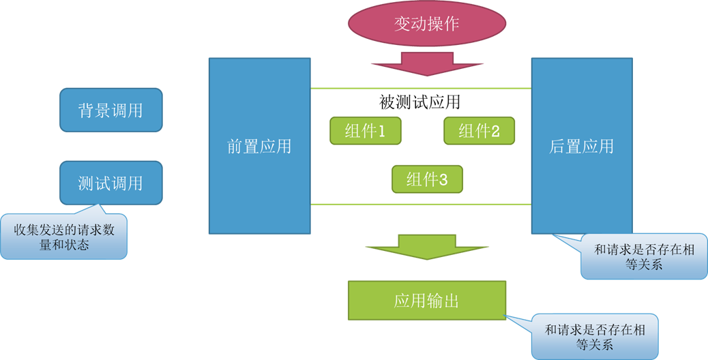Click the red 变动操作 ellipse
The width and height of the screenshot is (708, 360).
[427, 24]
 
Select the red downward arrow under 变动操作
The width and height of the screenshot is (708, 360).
[427, 63]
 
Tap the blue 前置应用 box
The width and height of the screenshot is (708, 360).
[259, 146]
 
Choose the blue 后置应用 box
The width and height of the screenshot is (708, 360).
[582, 146]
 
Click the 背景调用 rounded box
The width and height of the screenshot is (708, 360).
[111, 110]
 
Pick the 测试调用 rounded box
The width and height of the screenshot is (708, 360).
[111, 183]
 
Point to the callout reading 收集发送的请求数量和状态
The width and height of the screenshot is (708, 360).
[64, 237]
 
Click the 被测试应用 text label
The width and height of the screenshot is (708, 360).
[419, 102]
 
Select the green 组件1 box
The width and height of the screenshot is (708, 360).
[365, 131]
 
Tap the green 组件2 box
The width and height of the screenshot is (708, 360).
[479, 131]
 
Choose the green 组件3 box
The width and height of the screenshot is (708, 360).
[427, 179]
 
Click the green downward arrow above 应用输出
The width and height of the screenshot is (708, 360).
[427, 247]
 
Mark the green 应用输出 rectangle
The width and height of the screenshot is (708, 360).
[427, 300]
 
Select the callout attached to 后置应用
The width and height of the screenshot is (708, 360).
[644, 257]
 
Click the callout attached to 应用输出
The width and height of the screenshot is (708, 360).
[595, 337]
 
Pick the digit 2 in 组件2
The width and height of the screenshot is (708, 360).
[495, 132]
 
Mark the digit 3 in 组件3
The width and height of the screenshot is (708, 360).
[443, 180]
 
